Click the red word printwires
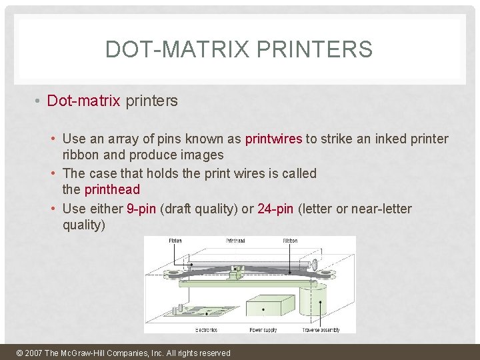click(274, 139)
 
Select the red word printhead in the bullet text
click(112, 189)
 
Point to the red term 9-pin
click(141, 209)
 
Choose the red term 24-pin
click(275, 209)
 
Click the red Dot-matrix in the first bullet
click(83, 101)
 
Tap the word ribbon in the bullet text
click(81, 155)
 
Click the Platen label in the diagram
click(175, 241)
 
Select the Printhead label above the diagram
click(235, 241)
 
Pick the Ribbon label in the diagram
click(290, 241)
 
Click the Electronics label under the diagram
click(206, 330)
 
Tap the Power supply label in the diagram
click(263, 330)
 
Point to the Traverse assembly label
click(321, 330)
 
